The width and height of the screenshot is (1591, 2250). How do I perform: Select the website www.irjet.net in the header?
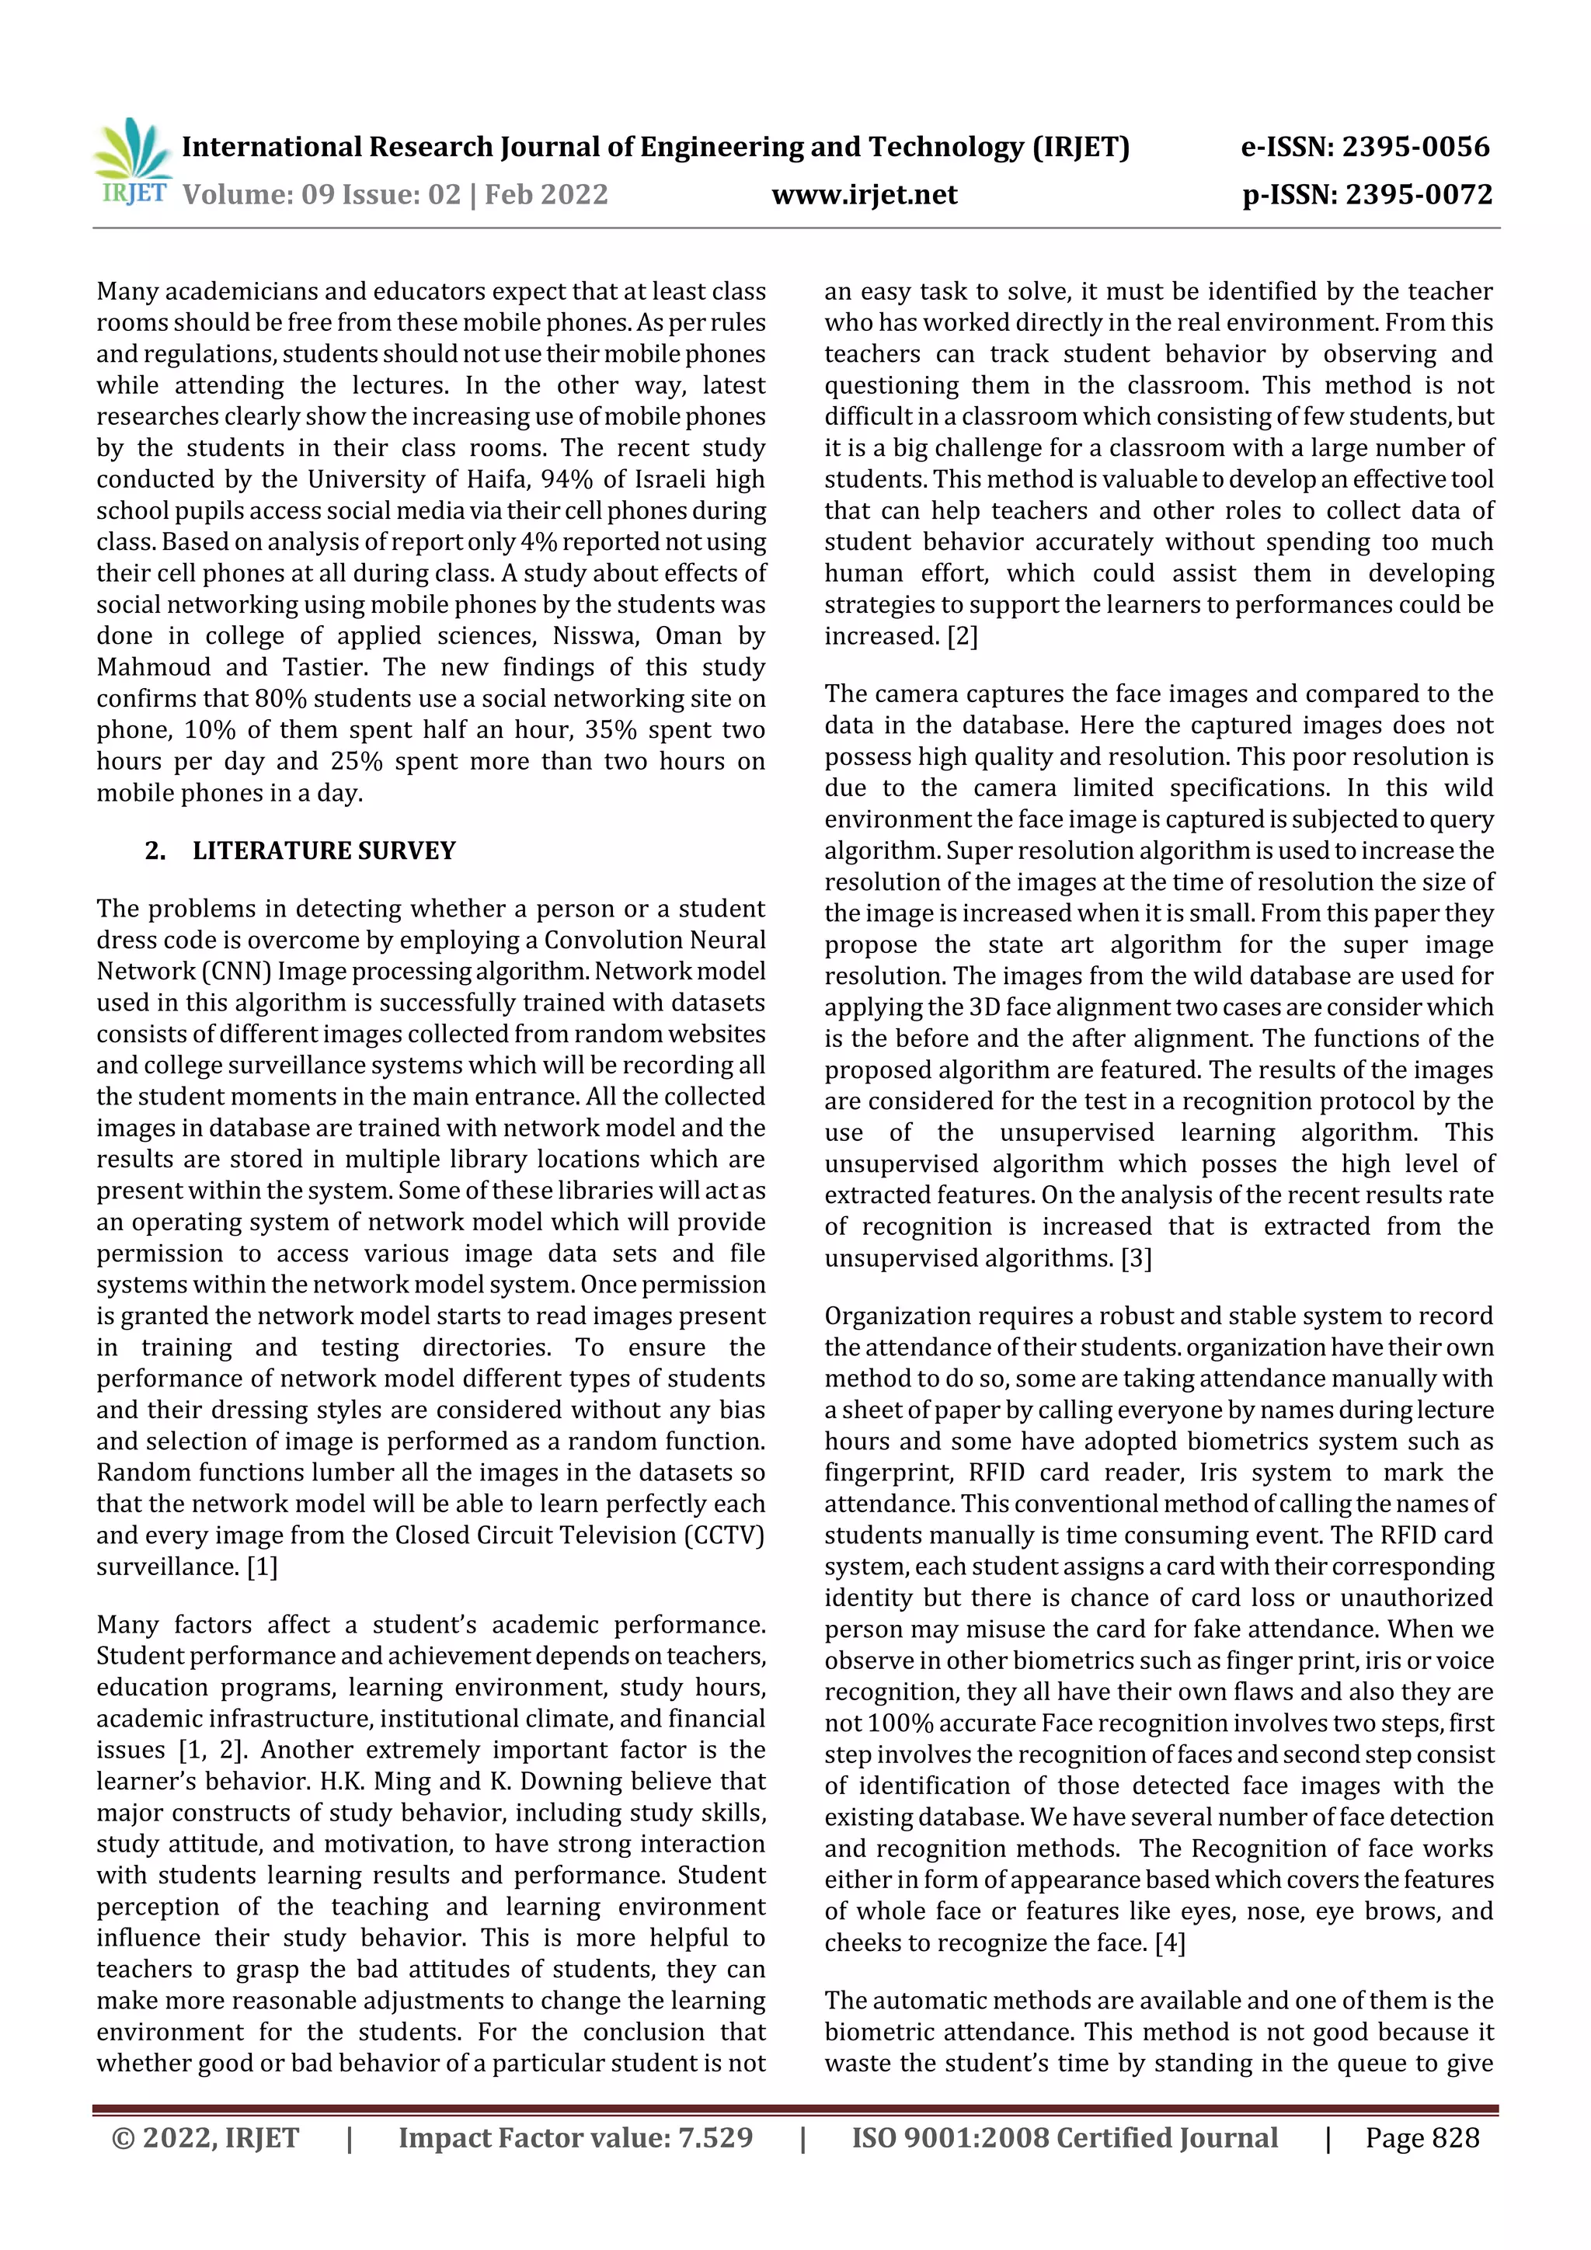click(x=864, y=194)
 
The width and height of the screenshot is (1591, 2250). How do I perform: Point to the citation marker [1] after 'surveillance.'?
click(x=262, y=1567)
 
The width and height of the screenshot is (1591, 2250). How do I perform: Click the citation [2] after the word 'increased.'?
click(x=963, y=636)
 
